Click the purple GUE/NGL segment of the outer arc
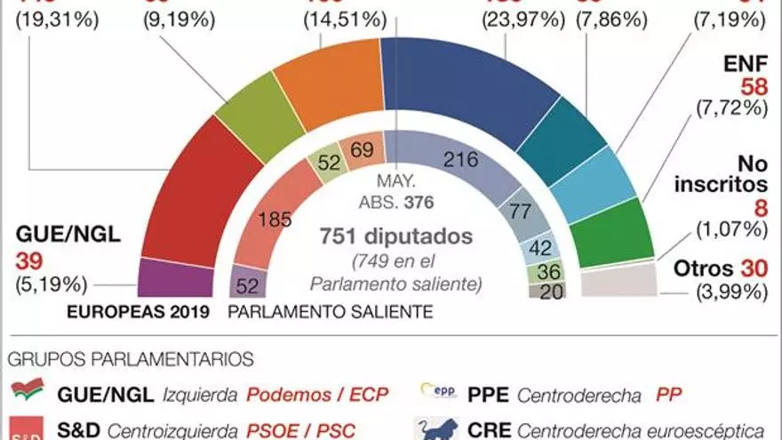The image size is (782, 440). point(176,278)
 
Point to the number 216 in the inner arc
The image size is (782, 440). point(460,160)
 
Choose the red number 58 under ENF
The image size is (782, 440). point(753,86)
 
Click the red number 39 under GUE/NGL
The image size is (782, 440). point(29,260)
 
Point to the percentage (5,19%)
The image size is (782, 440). point(52,284)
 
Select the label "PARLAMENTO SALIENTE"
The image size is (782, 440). point(331,312)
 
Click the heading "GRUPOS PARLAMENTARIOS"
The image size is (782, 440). point(132,360)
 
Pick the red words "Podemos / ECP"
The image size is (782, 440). point(317,394)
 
